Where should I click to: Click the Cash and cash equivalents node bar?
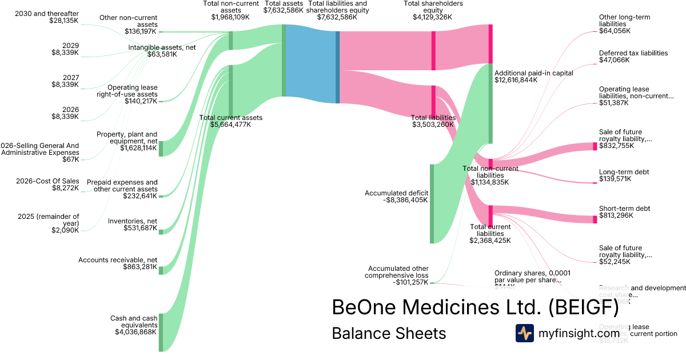161,331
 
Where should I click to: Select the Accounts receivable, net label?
118,260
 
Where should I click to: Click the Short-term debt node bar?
595,219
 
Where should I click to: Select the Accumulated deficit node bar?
432,204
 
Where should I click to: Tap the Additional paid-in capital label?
533,73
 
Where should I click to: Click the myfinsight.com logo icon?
525,333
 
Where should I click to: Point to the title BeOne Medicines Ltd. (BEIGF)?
475,307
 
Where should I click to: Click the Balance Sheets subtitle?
389,333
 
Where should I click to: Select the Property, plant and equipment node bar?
161,148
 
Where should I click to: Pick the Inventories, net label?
133,221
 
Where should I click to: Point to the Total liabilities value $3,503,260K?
433,124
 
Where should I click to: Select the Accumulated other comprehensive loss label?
398,271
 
